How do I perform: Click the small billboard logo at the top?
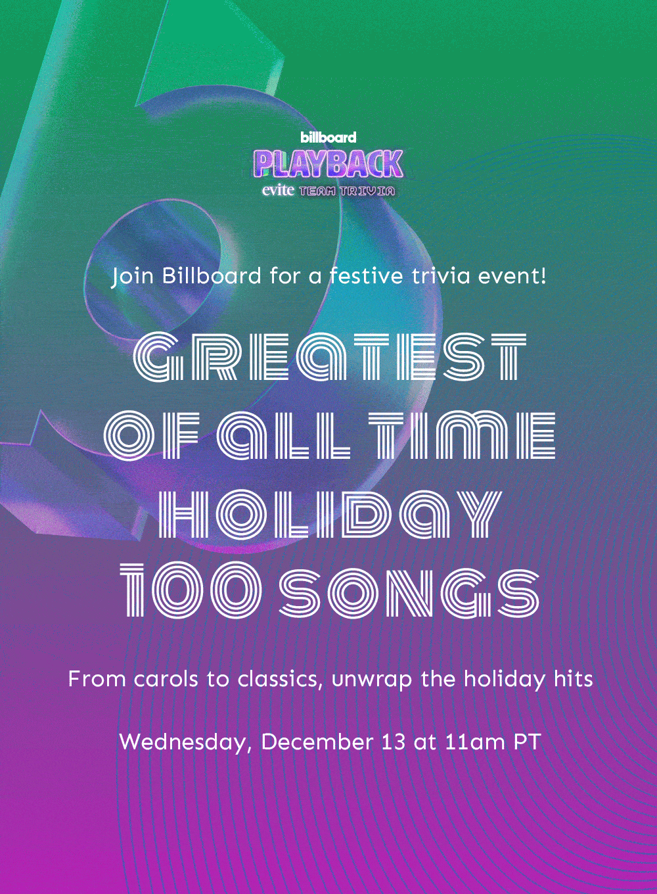click(328, 137)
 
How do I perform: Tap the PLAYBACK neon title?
click(328, 164)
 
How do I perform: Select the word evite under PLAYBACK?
click(278, 191)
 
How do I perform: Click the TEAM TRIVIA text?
click(347, 191)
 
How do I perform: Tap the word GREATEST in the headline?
click(330, 356)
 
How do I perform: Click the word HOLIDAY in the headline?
click(330, 514)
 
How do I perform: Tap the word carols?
click(165, 679)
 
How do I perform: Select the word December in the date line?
click(317, 741)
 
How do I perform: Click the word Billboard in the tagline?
click(212, 276)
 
